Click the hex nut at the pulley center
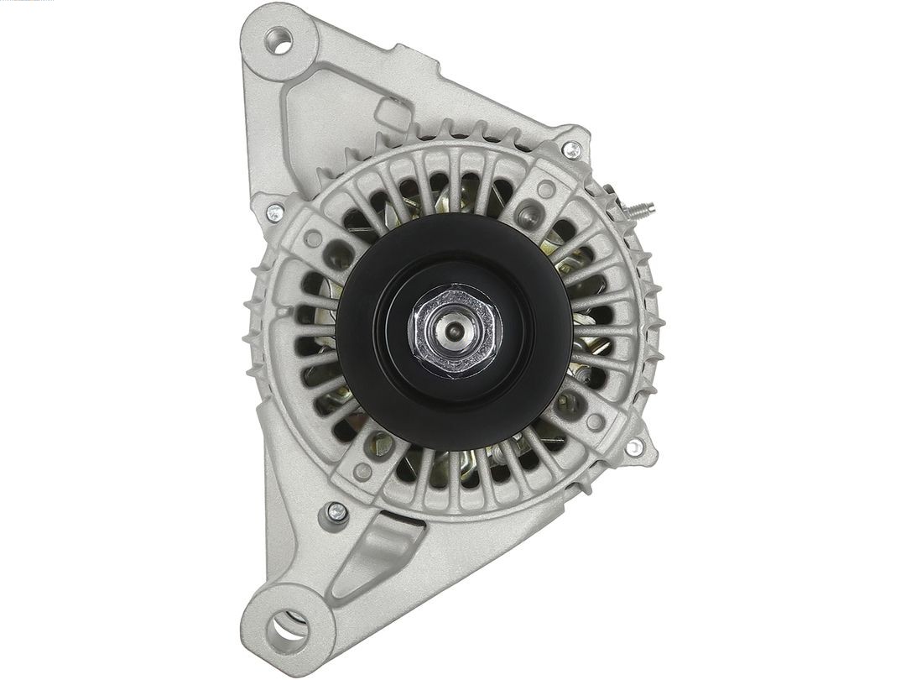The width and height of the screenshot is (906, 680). coord(455,330)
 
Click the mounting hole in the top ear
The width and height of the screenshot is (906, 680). coord(279,39)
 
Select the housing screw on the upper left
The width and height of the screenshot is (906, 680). coord(274,213)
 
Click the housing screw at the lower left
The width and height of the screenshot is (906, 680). coord(336,510)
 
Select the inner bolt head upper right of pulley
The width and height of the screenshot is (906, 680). coord(528,217)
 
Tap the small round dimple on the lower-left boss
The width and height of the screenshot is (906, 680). coord(363,471)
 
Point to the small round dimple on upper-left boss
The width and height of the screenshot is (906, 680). coord(314,238)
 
